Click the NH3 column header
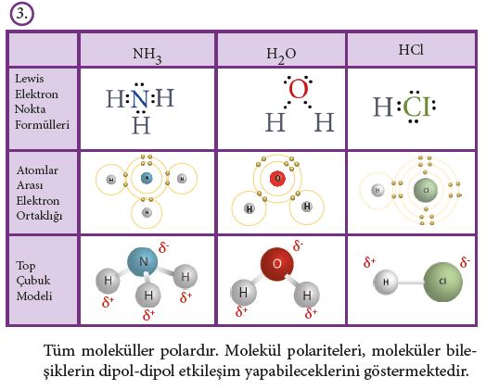(147, 55)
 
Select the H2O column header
(281, 56)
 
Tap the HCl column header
(411, 50)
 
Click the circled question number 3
(21, 14)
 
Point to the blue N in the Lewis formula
(139, 99)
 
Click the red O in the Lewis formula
(298, 89)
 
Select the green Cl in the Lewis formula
(416, 107)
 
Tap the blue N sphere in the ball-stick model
(143, 262)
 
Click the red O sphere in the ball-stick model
(276, 264)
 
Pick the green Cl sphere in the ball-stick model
(442, 282)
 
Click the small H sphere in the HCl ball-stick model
(386, 282)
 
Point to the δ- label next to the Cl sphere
(465, 262)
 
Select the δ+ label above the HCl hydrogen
(369, 262)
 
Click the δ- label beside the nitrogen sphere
(163, 247)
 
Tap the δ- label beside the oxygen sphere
(298, 245)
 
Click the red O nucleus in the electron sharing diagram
(277, 179)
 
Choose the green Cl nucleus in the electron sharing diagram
(426, 190)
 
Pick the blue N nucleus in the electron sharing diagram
(147, 178)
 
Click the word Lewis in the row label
(30, 79)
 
